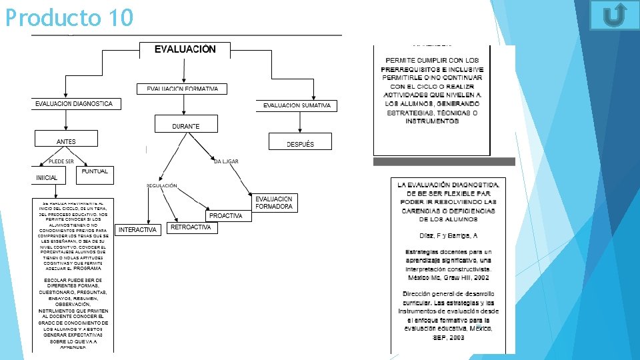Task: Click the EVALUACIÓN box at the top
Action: pos(185,50)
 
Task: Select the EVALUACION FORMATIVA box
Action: pos(182,89)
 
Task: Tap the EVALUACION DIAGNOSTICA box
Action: pos(74,104)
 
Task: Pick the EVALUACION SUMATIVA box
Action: pos(297,105)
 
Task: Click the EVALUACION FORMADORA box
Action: pos(274,203)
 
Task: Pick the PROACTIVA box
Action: pos(225,216)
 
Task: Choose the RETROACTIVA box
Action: pos(191,227)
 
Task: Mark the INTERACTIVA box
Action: pos(138,230)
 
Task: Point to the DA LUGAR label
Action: pos(226,161)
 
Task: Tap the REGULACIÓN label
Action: pos(162,185)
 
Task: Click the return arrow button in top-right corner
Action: pos(614,15)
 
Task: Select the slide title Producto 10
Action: pos(69,17)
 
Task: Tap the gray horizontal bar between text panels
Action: pos(444,161)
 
